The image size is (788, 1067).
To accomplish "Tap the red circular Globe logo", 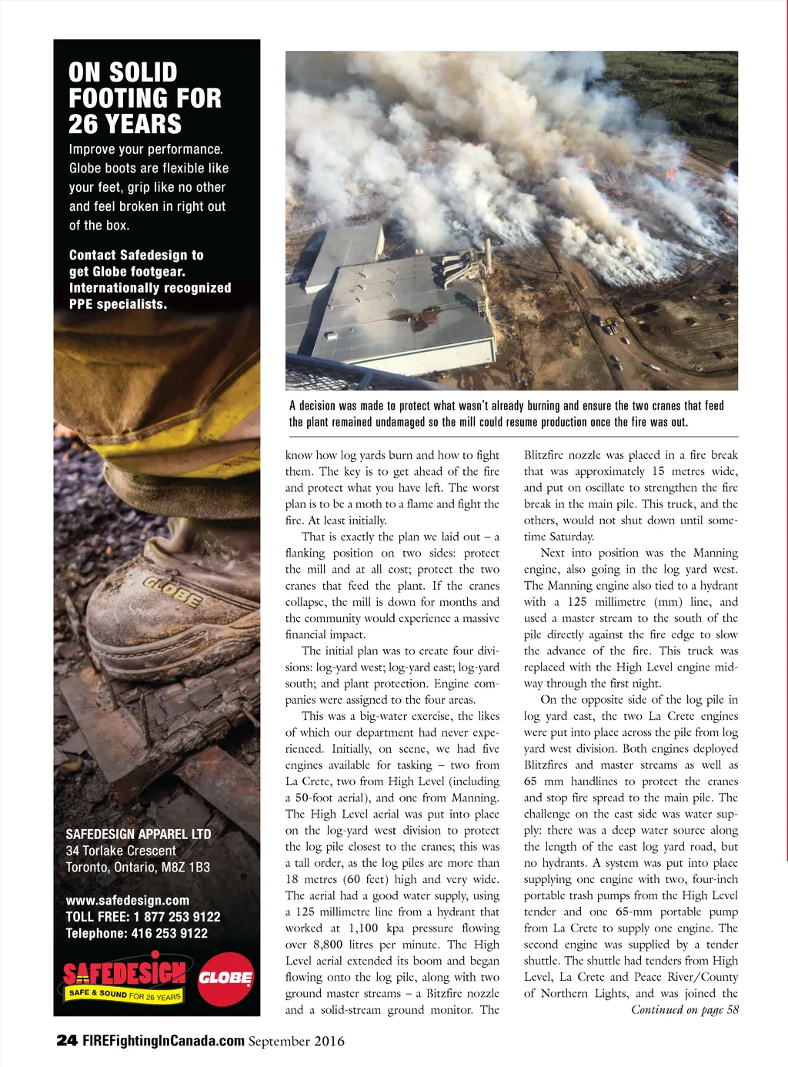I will [225, 978].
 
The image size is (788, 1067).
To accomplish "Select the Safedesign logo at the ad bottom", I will [124, 980].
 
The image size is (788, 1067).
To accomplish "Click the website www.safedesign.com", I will [127, 900].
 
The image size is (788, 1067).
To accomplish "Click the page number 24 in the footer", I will [67, 1041].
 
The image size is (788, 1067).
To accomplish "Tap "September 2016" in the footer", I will [296, 1042].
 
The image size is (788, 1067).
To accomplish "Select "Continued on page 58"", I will [684, 1010].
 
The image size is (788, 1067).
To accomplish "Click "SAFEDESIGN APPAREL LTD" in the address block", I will [138, 834].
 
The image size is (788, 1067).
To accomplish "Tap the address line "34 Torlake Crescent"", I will [121, 851].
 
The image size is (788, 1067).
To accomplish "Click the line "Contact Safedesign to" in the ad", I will [136, 255].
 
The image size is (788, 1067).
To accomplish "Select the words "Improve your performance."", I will [145, 149].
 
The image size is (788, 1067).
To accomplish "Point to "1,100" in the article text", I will [363, 928].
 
